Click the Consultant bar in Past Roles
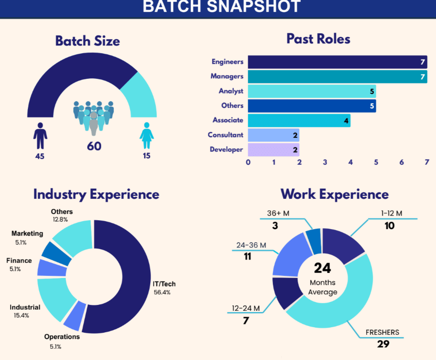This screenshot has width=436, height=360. pos(274,135)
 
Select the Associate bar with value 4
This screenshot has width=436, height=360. pos(299,120)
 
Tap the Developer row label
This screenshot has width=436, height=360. pos(226,149)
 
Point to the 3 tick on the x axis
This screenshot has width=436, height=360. pos(325,162)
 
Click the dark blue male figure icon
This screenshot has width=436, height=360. pos(40,136)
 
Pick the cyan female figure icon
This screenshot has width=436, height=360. pos(146,136)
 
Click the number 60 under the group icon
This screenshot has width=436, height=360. pos(94,147)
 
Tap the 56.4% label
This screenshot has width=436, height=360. pos(162,292)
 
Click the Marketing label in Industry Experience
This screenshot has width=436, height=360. pos(27,233)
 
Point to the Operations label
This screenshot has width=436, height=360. pos(62,337)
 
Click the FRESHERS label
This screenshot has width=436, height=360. pos(383,332)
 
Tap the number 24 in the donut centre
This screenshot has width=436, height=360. pos(322,268)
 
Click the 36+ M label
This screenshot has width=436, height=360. pos(278,213)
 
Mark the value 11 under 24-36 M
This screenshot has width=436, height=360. pos(247,256)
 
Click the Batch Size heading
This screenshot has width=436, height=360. pos(88,41)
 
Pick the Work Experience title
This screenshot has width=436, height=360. pos(335,194)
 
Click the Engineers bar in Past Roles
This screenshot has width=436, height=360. pos(337,62)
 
